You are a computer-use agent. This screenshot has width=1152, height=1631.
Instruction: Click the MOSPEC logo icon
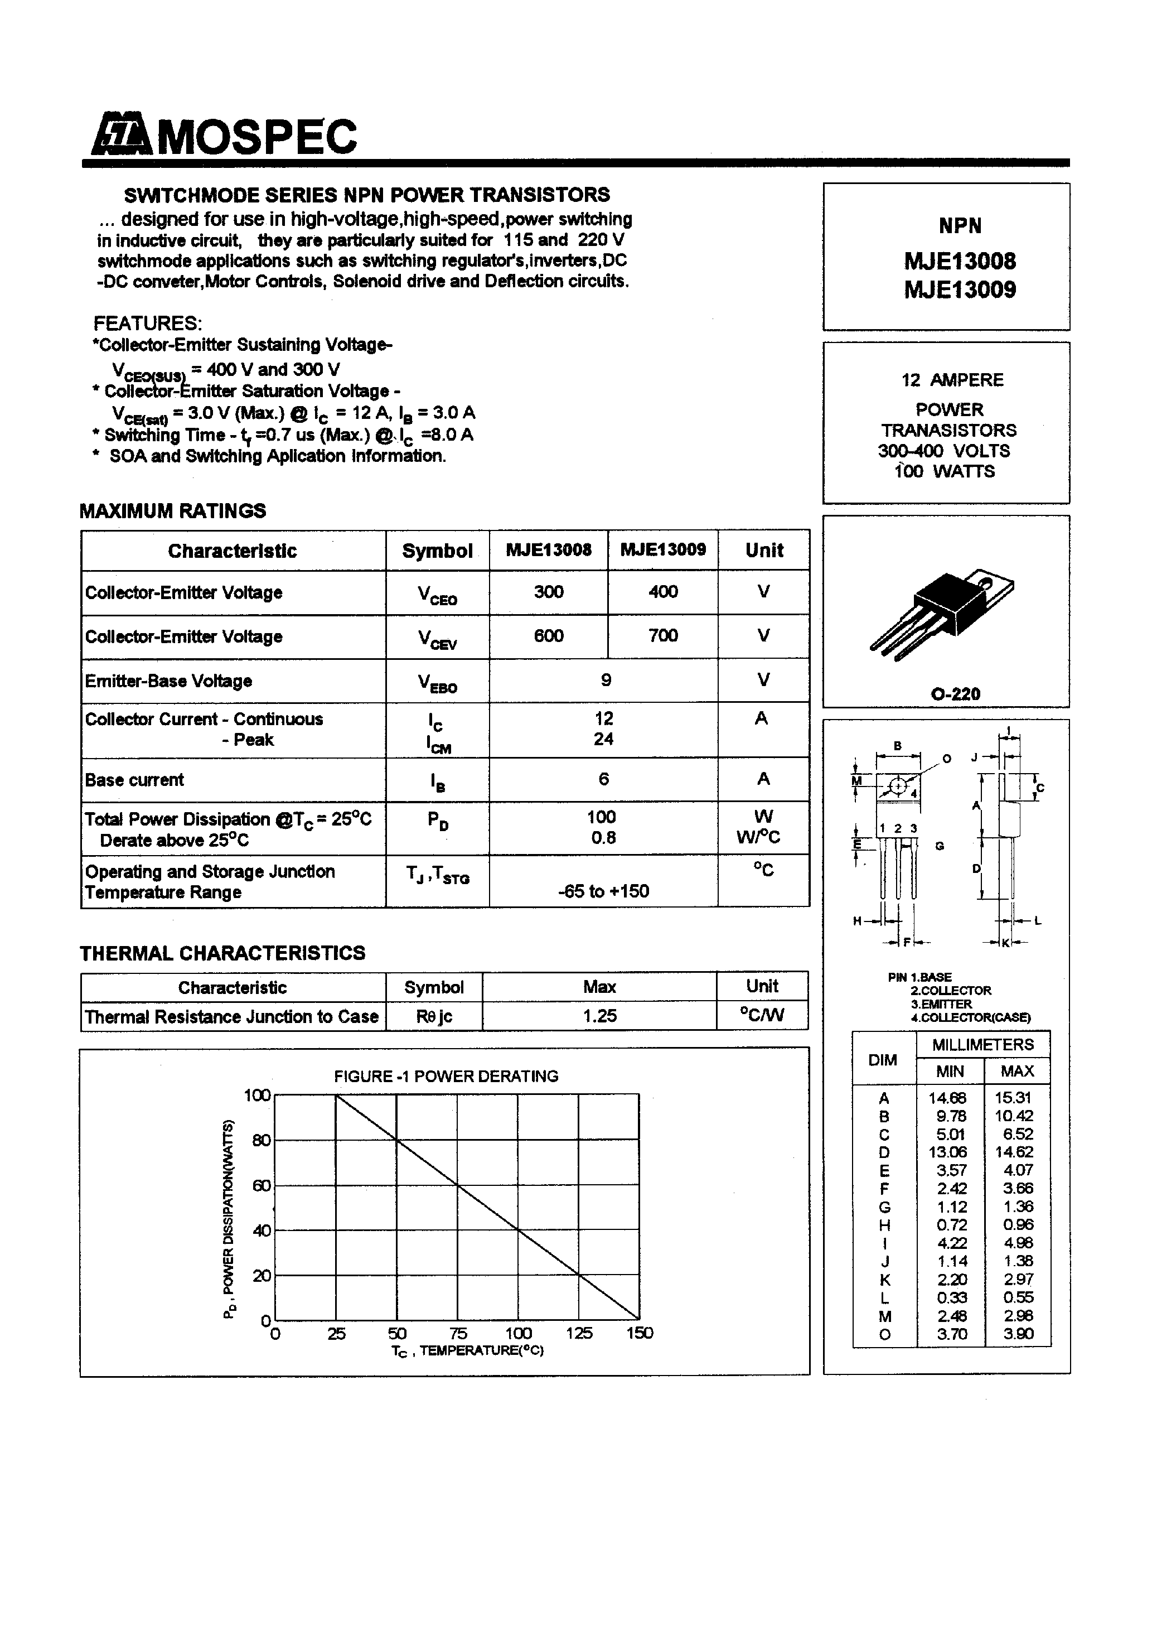[x=121, y=135]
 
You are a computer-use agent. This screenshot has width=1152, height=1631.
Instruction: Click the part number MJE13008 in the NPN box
[x=960, y=262]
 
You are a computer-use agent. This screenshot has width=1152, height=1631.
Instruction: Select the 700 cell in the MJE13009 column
[x=662, y=636]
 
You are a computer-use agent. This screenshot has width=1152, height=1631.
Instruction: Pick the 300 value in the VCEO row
[x=548, y=592]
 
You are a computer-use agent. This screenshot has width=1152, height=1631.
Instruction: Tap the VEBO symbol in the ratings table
[x=437, y=682]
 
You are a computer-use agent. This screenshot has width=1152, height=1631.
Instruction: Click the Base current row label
[x=134, y=780]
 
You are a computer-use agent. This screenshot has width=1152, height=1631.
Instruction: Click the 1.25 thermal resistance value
[x=599, y=1016]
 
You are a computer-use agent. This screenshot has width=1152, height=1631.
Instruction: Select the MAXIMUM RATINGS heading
[x=173, y=511]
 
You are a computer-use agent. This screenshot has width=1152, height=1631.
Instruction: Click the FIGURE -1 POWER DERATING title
[x=446, y=1076]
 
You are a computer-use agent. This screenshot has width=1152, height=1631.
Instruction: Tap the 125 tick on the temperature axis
[x=579, y=1333]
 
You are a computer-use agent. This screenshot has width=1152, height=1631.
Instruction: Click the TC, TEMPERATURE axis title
[x=467, y=1350]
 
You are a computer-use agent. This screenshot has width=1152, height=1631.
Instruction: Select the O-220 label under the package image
[x=955, y=694]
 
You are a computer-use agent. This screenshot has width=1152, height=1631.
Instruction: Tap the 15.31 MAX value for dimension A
[x=1014, y=1098]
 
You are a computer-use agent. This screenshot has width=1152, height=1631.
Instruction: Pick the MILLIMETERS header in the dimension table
[x=983, y=1045]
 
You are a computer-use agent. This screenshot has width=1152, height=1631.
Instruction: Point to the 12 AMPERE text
[x=952, y=380]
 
